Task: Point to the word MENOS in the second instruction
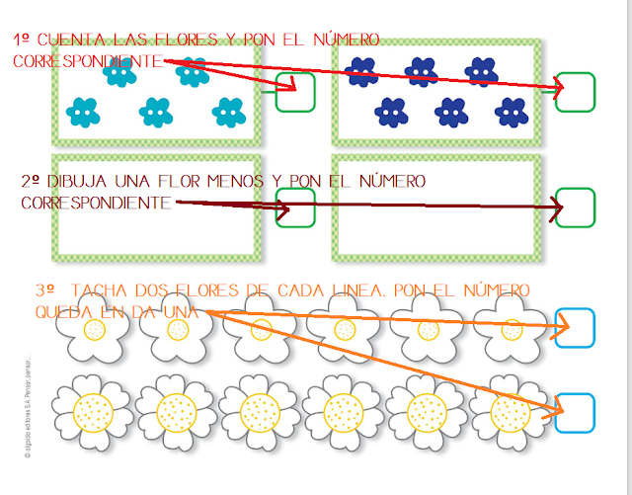coord(233,182)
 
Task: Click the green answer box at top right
coord(576,92)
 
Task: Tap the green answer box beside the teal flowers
coord(294,92)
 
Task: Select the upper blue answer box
coord(576,327)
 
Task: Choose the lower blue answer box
coord(575,412)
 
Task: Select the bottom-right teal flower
coord(228,112)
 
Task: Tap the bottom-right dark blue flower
coord(511,112)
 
